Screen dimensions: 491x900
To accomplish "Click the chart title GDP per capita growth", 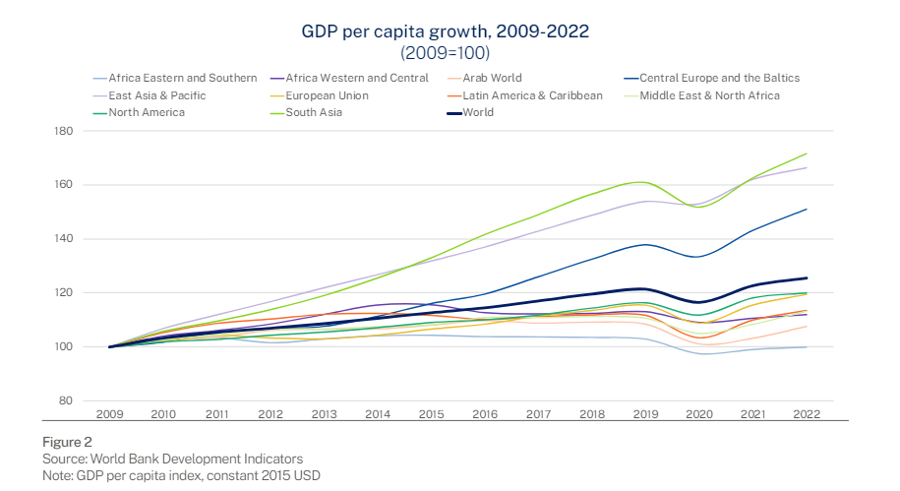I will (445, 31).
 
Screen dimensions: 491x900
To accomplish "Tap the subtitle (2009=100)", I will (445, 52).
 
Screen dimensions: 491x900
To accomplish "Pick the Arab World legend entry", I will (494, 78).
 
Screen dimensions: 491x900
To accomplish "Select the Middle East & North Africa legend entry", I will (708, 95).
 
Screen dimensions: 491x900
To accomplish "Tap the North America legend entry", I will (146, 112).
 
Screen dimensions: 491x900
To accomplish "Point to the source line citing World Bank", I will (172, 460).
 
